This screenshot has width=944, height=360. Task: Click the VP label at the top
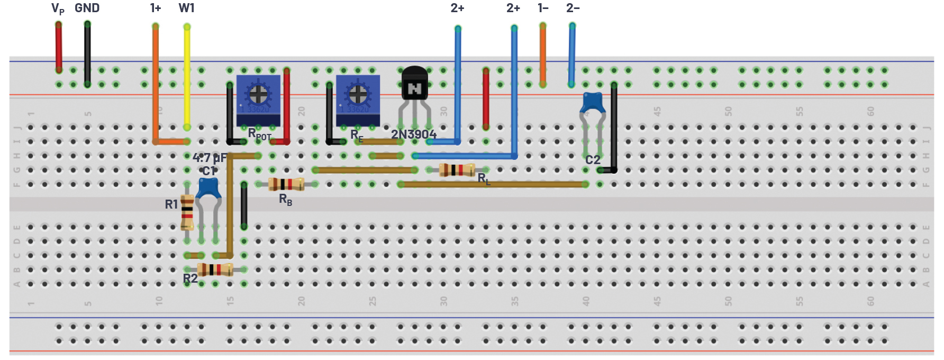click(x=58, y=8)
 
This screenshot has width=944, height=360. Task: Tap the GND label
click(x=87, y=8)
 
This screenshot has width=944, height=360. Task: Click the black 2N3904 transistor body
click(x=414, y=84)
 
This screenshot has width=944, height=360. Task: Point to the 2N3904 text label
click(x=413, y=134)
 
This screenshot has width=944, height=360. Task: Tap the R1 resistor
click(x=187, y=212)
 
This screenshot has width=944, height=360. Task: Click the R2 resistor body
click(x=214, y=269)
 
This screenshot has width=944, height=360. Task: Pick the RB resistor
click(x=286, y=184)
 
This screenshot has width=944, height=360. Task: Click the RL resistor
click(x=457, y=170)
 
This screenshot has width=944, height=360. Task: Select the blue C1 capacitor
click(x=208, y=188)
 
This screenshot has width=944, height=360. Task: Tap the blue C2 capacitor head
click(x=593, y=103)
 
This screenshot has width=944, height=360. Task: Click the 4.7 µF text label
click(x=209, y=158)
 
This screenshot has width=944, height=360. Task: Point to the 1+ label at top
click(x=155, y=8)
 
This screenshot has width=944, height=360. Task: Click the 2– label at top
click(x=573, y=8)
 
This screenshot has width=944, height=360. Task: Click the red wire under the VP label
click(x=59, y=48)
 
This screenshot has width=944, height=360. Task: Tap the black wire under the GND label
click(x=87, y=53)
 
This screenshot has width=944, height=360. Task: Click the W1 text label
click(x=186, y=8)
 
